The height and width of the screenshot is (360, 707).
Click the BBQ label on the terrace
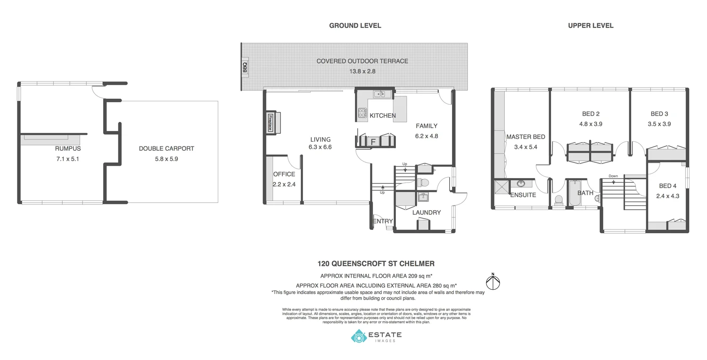tap(245, 68)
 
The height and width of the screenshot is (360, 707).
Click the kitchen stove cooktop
tap(362, 113)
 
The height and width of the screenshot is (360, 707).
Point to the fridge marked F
tap(373, 141)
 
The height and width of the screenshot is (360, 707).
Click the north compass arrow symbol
tap(493, 282)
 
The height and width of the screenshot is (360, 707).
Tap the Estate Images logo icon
tap(358, 336)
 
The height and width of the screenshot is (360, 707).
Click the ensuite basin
tap(521, 183)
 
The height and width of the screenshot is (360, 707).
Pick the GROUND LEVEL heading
tap(355, 25)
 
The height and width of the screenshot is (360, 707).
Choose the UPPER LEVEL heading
tap(591, 25)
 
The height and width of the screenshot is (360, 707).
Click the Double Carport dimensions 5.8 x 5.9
tap(166, 159)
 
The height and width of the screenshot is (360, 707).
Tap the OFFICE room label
tap(284, 174)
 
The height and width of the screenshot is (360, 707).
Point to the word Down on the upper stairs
tap(613, 176)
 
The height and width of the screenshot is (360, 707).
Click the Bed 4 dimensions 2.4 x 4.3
tap(668, 196)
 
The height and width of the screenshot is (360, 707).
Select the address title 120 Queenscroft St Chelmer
tap(376, 264)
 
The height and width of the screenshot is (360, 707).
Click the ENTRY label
tap(383, 221)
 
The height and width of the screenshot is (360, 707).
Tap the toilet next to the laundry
tap(423, 183)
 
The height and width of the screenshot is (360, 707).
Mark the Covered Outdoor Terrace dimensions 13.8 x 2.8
tap(362, 72)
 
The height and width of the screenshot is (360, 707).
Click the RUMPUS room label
tap(67, 148)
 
